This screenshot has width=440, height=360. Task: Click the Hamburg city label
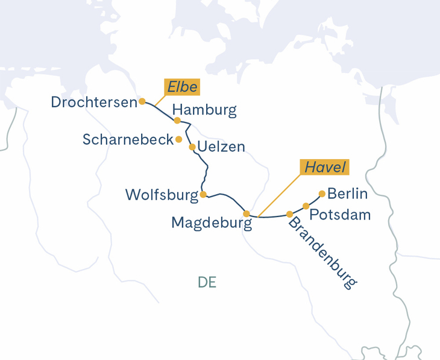[x=205, y=110]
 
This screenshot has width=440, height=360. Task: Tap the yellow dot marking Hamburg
[x=177, y=121]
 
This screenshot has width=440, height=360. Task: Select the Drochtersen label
[x=94, y=103]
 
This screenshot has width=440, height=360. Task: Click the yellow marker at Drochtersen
[x=142, y=101]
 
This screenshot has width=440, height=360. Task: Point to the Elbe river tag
[x=182, y=87]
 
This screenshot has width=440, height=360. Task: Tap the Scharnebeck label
[x=128, y=140]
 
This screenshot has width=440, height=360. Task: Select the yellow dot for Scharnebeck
[x=178, y=139]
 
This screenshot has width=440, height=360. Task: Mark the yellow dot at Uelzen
[x=192, y=147]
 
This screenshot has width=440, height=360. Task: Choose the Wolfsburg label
[x=162, y=195]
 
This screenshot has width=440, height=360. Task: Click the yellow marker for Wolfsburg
[x=203, y=194]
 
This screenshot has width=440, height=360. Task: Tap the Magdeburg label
[x=211, y=223]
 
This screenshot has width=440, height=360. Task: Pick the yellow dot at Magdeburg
[x=247, y=213]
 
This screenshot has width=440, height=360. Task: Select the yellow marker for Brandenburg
[x=290, y=214]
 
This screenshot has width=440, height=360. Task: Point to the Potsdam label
[x=340, y=215]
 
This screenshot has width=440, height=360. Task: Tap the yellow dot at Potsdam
[x=306, y=206]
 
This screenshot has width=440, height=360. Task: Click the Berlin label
[x=347, y=194]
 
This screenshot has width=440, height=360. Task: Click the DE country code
[x=207, y=282]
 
